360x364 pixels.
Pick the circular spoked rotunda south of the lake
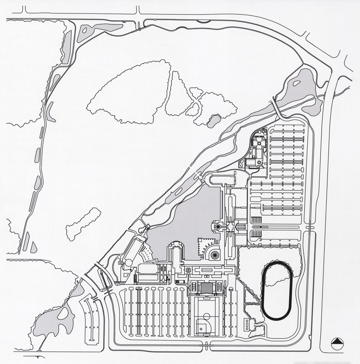tap(215, 255)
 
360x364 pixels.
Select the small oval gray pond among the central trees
tap(213, 121)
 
